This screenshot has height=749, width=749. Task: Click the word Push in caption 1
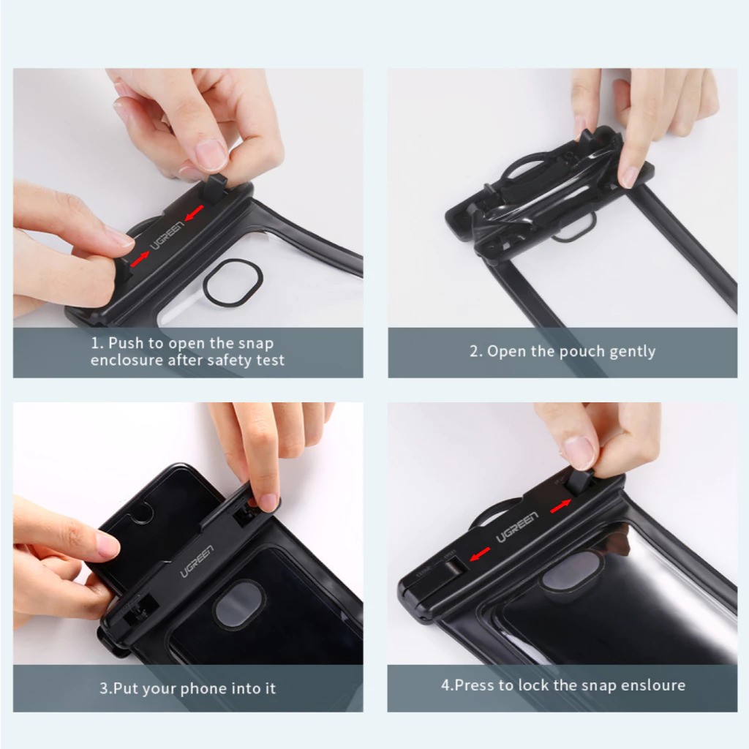click(127, 342)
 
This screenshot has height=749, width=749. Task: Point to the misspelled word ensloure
click(653, 685)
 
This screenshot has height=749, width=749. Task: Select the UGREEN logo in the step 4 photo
click(517, 527)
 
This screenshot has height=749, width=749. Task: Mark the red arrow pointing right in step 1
click(140, 256)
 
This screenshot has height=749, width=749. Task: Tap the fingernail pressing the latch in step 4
click(579, 451)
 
